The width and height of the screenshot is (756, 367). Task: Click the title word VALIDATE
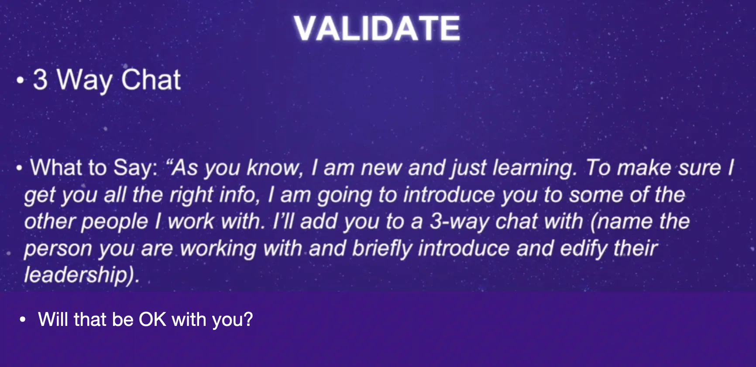click(377, 28)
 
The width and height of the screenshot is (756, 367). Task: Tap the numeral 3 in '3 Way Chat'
click(40, 80)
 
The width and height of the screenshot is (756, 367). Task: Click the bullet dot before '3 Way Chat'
click(20, 81)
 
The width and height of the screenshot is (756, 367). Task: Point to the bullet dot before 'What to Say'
click(19, 168)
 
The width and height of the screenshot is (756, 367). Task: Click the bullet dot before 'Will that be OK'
click(23, 320)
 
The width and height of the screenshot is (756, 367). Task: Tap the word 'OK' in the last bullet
click(153, 319)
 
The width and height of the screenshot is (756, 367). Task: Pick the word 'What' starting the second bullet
click(56, 168)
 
